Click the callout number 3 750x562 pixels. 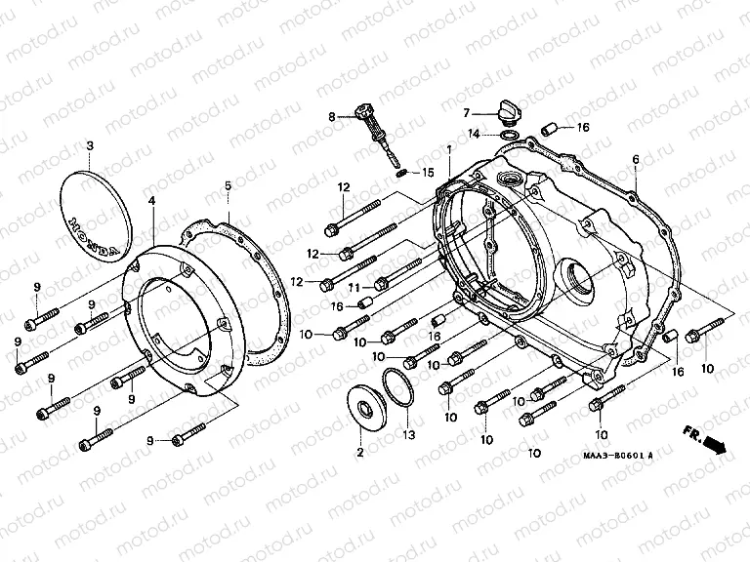(x=90, y=146)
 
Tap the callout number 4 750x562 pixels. (x=151, y=200)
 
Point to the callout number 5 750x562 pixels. (x=228, y=185)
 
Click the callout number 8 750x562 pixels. (x=332, y=117)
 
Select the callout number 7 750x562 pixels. (x=467, y=112)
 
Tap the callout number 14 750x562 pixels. (x=472, y=133)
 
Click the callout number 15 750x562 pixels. (x=427, y=173)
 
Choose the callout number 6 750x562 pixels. (x=635, y=159)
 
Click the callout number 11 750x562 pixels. (x=354, y=287)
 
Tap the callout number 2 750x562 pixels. (x=358, y=453)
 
